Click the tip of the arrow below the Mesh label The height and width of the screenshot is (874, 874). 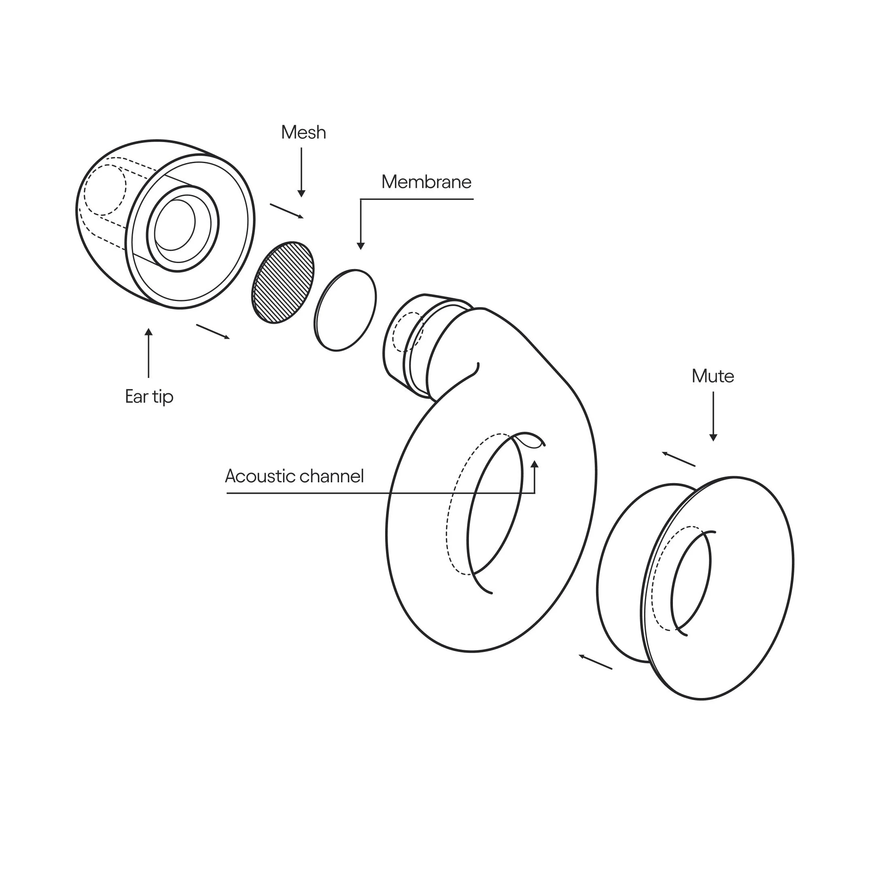(x=301, y=197)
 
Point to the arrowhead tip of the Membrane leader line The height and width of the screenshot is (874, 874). (x=361, y=250)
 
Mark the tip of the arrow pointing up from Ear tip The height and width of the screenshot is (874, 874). (x=148, y=329)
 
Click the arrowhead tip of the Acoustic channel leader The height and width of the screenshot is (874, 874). (x=535, y=460)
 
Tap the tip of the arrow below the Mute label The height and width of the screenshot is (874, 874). (x=713, y=441)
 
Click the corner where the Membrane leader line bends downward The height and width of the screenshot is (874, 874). (x=361, y=199)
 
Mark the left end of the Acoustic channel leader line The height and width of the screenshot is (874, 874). (x=227, y=493)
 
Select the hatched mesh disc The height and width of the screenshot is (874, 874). (x=283, y=282)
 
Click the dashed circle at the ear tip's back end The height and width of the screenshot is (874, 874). (x=105, y=189)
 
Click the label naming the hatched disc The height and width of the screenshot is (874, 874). (x=303, y=132)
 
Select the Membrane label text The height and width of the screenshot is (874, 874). (x=426, y=182)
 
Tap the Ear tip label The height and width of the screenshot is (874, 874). (x=149, y=397)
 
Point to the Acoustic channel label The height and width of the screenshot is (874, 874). (x=295, y=476)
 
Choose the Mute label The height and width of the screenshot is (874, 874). (x=713, y=376)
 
